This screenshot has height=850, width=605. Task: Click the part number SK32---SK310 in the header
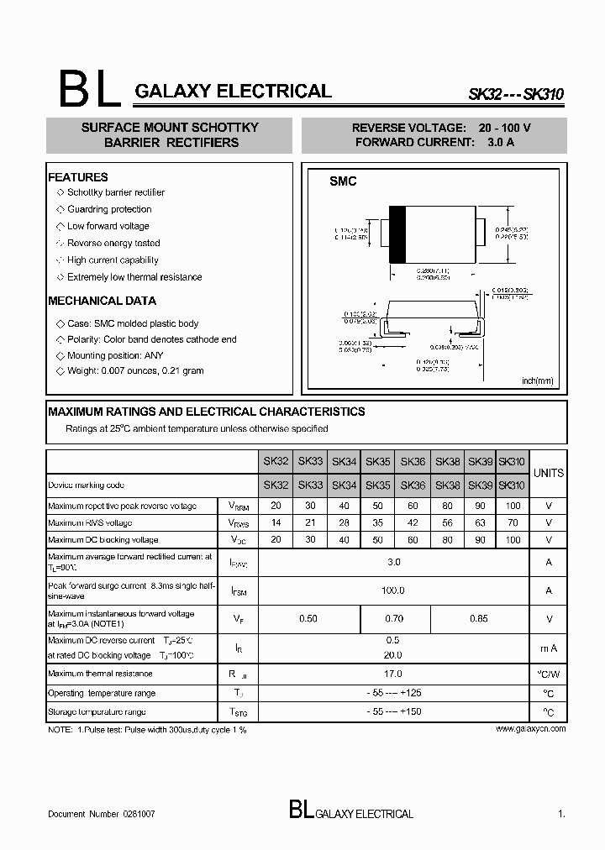tap(515, 95)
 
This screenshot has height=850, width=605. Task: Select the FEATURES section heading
tap(78, 177)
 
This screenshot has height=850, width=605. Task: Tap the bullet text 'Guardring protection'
tap(109, 209)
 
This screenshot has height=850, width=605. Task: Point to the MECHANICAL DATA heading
tap(102, 301)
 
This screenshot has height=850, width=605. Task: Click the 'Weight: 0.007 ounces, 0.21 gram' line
tap(135, 370)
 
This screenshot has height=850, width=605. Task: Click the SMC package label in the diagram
tap(342, 181)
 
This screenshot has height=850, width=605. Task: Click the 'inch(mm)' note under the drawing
tap(538, 380)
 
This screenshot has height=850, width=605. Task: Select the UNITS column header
tap(549, 473)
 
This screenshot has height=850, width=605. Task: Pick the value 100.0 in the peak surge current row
tap(393, 590)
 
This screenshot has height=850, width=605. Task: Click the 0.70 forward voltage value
tap(393, 619)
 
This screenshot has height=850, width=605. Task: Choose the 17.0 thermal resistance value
tap(393, 674)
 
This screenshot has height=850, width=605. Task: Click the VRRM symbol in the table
tap(238, 506)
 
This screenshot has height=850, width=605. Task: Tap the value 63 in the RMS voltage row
tap(480, 522)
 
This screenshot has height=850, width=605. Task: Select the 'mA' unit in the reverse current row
tap(549, 648)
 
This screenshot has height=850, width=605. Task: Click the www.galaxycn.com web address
tap(530, 729)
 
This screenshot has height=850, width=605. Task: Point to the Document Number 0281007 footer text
tap(101, 815)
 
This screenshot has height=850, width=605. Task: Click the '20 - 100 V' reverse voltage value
tap(505, 128)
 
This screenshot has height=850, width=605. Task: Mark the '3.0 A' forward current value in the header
tap(501, 142)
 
